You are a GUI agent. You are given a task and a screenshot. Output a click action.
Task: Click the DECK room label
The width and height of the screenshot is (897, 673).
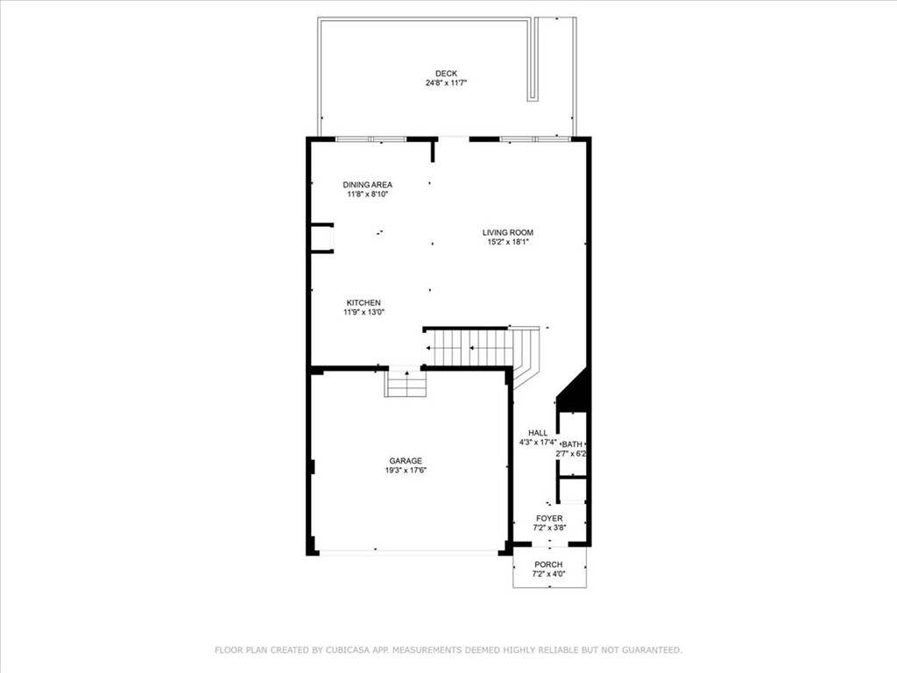tap(446, 74)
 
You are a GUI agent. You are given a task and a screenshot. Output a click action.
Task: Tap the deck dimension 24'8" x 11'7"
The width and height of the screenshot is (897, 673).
tap(446, 84)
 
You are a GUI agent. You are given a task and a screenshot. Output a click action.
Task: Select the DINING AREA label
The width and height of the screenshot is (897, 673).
tap(367, 185)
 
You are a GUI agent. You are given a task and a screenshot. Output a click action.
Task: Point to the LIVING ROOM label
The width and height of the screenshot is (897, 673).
tap(507, 232)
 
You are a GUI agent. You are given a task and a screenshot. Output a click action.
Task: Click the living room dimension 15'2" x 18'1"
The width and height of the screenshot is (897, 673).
tap(507, 243)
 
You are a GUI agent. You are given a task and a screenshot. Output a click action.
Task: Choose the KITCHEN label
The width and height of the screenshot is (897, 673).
tap(364, 302)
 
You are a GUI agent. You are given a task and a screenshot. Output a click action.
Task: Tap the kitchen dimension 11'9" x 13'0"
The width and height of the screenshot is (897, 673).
tap(364, 312)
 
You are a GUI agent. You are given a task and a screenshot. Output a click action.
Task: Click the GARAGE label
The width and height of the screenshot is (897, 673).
tap(406, 461)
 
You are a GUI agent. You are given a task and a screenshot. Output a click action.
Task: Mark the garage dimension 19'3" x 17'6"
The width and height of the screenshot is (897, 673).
tap(406, 471)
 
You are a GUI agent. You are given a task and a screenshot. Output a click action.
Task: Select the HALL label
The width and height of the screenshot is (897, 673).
tap(537, 433)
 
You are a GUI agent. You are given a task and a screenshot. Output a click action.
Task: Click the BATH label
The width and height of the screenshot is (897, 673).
tap(572, 445)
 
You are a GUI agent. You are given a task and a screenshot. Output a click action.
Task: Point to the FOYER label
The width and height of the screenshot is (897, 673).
tap(549, 519)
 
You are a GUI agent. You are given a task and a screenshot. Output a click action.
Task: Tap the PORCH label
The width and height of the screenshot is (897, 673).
tap(548, 564)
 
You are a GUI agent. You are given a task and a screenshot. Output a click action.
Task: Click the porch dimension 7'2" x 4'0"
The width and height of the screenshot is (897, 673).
tap(548, 575)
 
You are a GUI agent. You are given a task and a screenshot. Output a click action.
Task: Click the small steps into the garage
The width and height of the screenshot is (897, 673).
tap(406, 383)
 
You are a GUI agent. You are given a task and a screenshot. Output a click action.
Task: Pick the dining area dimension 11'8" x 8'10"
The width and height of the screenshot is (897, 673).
tap(367, 195)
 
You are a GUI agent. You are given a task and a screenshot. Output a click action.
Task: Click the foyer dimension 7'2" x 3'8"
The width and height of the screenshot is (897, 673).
tap(549, 528)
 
